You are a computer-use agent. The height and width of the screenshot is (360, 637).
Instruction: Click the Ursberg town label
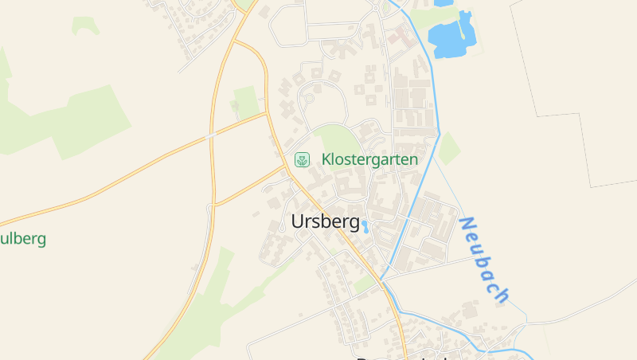coord(326,221)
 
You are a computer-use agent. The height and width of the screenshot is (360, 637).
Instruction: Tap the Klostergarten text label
coord(369,159)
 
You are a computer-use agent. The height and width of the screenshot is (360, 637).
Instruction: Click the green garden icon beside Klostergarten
coord(302,159)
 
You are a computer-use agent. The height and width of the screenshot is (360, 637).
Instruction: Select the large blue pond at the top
coord(450,37)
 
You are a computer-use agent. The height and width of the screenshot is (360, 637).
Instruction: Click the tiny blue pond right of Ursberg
coord(365,227)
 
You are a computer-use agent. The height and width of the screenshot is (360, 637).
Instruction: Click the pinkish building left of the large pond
coord(400,35)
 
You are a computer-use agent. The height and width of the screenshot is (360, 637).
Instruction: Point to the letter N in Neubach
coord(467,225)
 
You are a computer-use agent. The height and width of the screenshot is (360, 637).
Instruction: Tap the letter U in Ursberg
coord(298,221)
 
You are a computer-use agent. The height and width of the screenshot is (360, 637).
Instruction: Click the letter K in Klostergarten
coord(326,159)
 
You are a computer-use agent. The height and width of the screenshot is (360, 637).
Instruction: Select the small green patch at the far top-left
coord(84,25)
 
